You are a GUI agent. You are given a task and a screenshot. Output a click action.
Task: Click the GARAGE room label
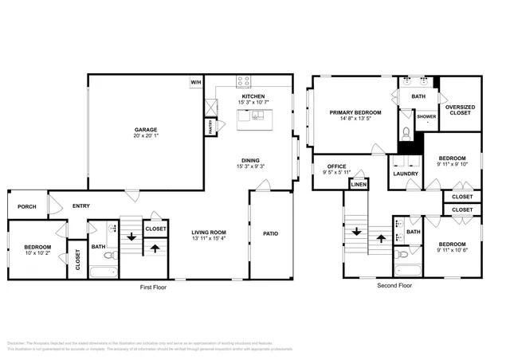point(145,129)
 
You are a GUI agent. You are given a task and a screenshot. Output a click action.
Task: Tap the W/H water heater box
point(195,82)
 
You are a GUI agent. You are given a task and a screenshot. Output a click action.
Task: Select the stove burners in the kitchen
point(245,81)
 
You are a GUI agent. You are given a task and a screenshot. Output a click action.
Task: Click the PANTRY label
point(210,125)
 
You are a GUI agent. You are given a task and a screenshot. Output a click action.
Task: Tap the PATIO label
point(270,233)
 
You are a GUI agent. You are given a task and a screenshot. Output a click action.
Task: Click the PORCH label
point(27,205)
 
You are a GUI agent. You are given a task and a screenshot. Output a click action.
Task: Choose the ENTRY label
point(81,205)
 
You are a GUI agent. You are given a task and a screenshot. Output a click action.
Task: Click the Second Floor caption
point(394,285)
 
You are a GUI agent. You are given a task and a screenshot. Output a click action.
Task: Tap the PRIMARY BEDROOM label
point(355,112)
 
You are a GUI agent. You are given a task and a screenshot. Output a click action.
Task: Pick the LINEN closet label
point(359,185)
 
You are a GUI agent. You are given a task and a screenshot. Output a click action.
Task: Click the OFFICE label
point(336,166)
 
